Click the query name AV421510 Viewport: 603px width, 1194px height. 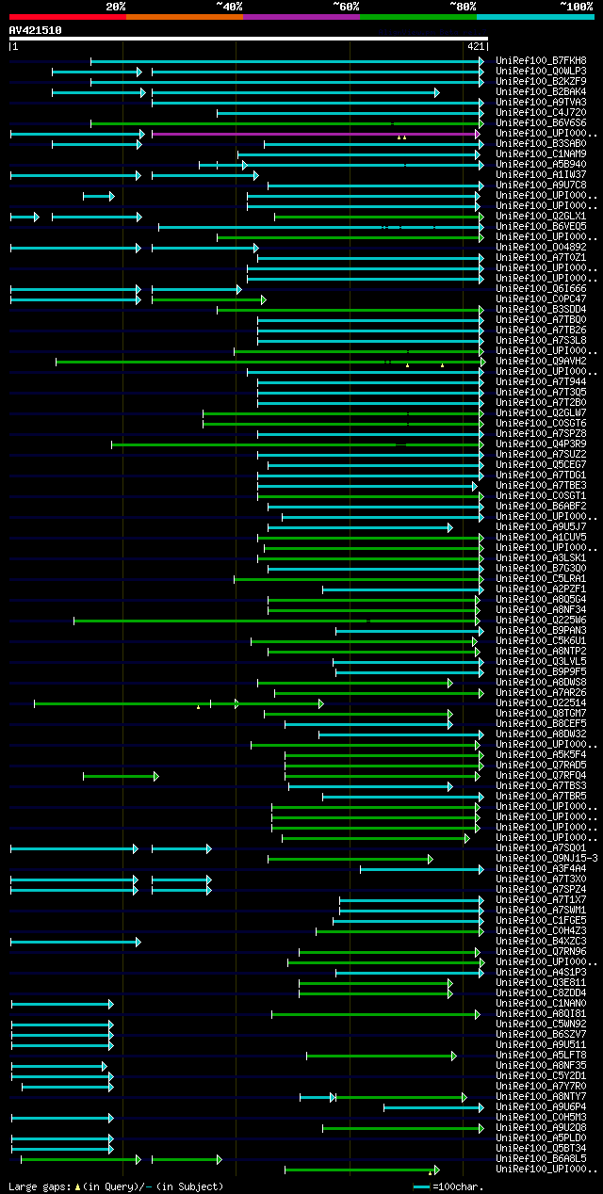(x=35, y=30)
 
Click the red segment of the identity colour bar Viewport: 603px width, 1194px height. (x=67, y=16)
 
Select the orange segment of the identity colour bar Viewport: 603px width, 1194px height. (x=184, y=16)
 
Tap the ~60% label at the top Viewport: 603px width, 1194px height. (x=346, y=6)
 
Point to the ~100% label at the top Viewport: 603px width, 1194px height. (x=576, y=6)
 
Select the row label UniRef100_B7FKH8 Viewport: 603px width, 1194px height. (x=541, y=61)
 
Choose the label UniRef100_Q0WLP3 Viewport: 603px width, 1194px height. (x=541, y=72)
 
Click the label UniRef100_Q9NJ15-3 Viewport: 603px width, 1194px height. (x=546, y=859)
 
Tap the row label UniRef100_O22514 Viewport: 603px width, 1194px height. (x=541, y=703)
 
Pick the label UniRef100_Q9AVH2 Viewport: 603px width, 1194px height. (x=541, y=362)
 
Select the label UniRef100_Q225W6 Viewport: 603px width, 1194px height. (x=541, y=621)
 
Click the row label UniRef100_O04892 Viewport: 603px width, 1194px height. (x=541, y=248)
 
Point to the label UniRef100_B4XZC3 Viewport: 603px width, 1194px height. (x=541, y=942)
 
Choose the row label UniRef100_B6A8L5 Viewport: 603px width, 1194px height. (x=541, y=1159)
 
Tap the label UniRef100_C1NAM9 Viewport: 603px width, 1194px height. (x=541, y=154)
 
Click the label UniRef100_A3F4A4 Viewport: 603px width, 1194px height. (x=541, y=869)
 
